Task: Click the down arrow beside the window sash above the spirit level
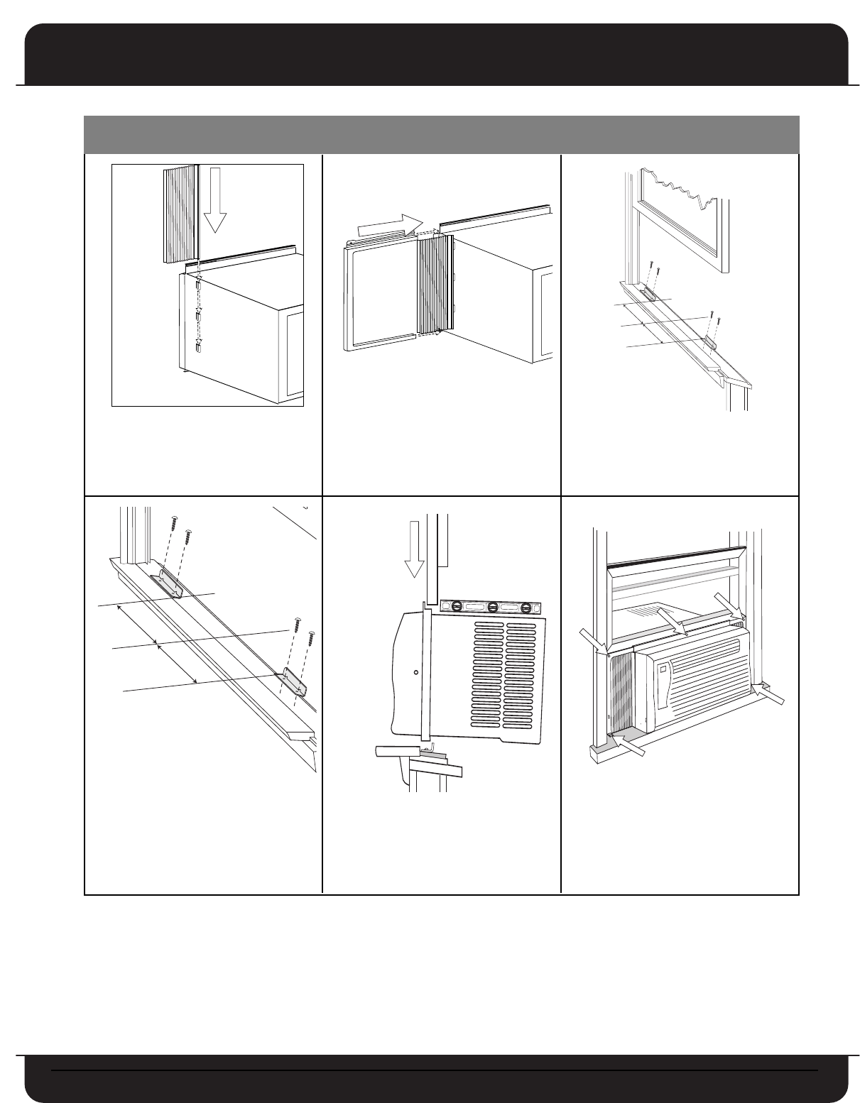[412, 554]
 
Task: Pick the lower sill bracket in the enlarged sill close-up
[293, 681]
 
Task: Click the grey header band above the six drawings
[441, 134]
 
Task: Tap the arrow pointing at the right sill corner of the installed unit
[772, 693]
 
